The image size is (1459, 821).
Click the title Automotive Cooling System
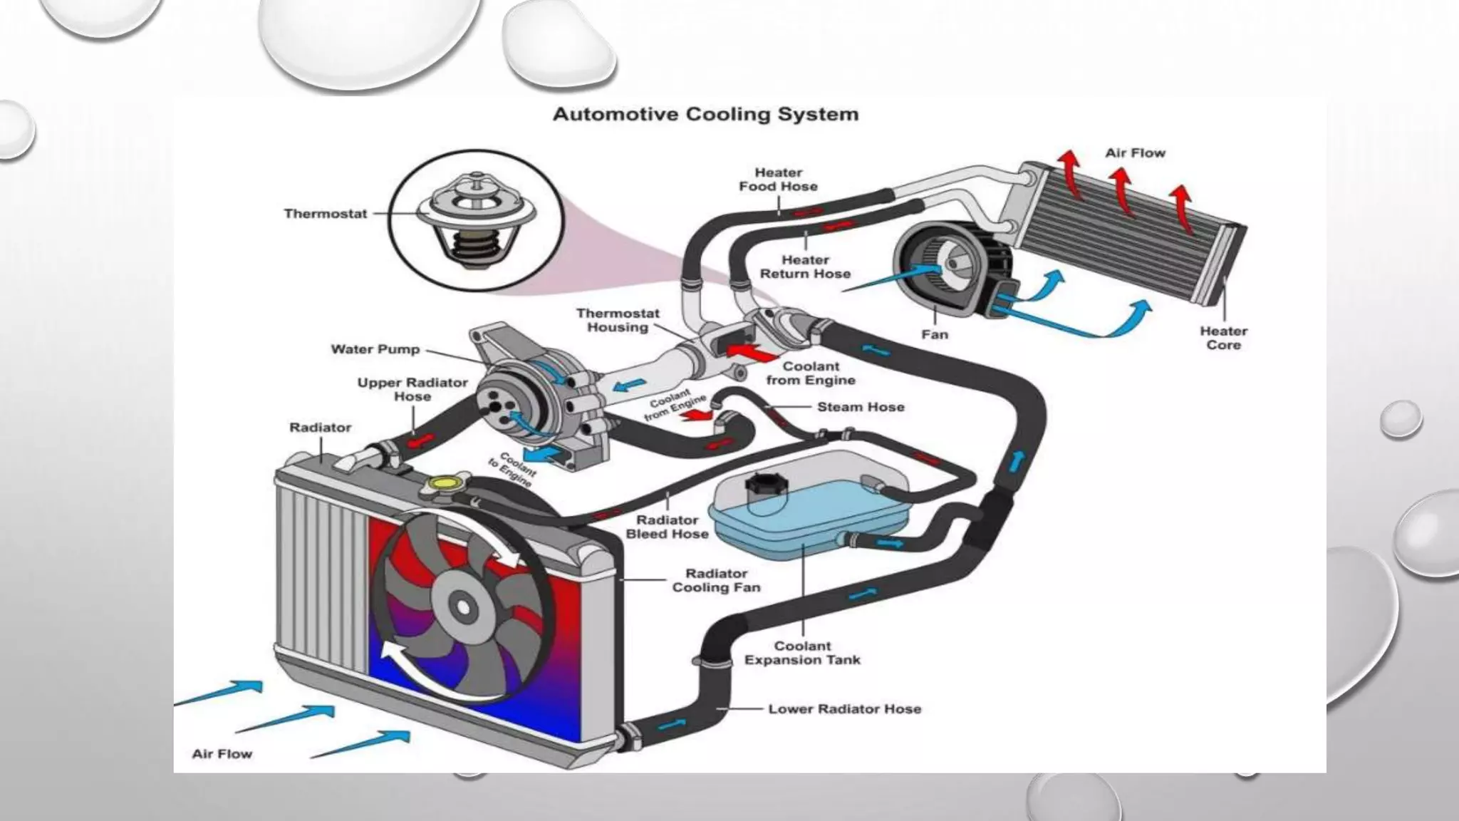click(x=705, y=115)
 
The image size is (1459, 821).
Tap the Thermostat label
click(x=326, y=213)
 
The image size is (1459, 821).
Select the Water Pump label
click(x=375, y=349)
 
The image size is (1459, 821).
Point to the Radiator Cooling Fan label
click(x=716, y=580)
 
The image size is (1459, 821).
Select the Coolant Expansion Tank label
click(x=802, y=653)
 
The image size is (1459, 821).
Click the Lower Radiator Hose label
click(x=844, y=709)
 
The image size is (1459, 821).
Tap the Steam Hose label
click(x=861, y=407)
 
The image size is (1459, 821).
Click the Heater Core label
click(x=1223, y=338)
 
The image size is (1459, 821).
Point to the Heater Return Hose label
click(x=805, y=267)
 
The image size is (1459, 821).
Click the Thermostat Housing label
click(x=618, y=320)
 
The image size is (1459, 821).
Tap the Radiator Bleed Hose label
click(x=667, y=527)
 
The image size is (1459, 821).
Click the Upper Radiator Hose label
click(x=412, y=389)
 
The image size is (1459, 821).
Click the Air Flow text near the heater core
click(x=1135, y=153)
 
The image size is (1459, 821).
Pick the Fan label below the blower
click(x=935, y=334)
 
